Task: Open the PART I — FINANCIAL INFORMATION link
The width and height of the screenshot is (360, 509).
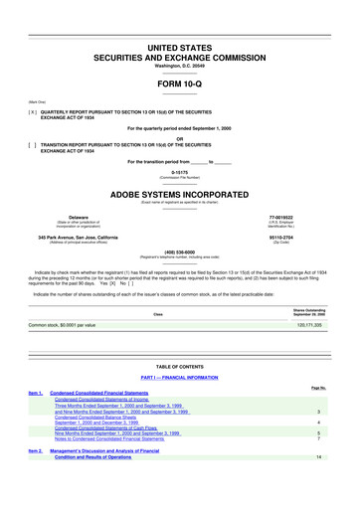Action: coord(180,379)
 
